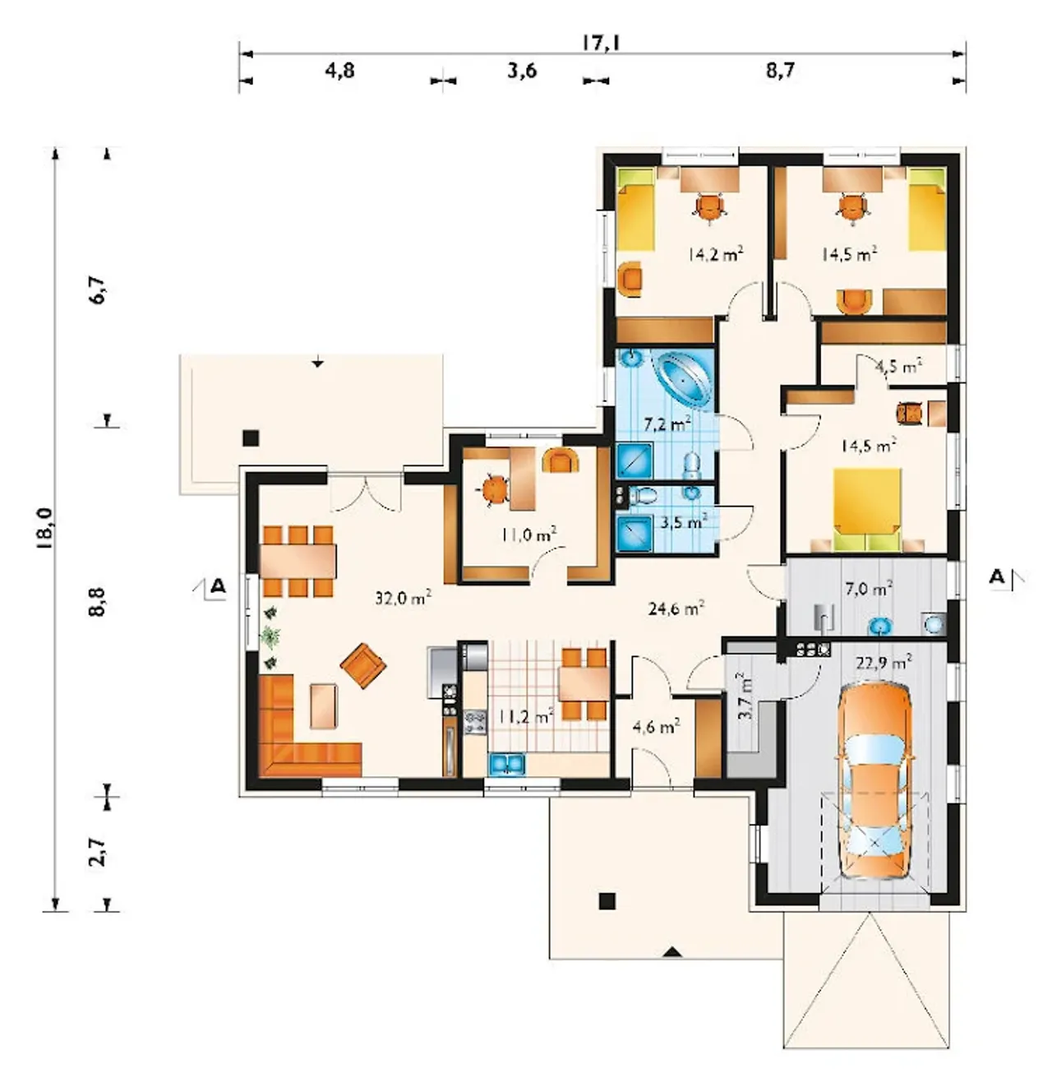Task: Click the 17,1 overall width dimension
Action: pos(602,42)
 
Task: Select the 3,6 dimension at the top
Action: pos(522,71)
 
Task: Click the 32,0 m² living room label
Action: pos(403,598)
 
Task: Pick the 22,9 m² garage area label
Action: pos(884,662)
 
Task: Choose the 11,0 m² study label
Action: pos(528,534)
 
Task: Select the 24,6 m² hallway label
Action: pos(676,608)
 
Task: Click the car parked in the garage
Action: pos(874,783)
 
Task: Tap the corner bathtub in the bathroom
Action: pos(683,380)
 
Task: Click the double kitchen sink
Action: pos(506,763)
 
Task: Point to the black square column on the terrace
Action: pos(251,438)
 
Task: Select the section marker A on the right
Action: pos(997,576)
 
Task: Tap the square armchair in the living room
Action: pos(362,665)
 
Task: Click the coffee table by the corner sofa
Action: pos(324,706)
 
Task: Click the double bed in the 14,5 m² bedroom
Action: pos(867,509)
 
